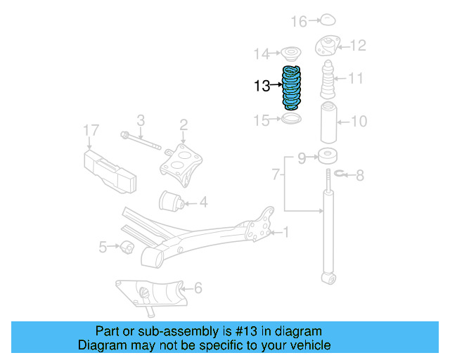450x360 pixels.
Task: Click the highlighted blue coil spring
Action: (292, 86)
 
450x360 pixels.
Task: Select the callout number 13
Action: (262, 86)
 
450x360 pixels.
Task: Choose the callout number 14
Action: (262, 53)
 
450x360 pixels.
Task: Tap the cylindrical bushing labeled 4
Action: (172, 202)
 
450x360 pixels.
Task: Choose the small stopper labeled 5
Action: (127, 247)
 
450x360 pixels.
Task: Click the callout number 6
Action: (198, 287)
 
